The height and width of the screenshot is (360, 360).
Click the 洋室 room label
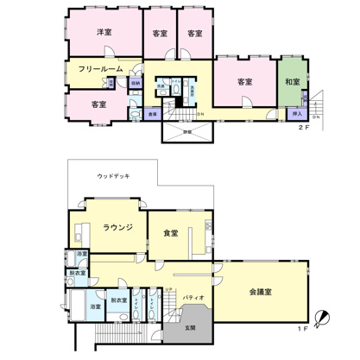(105, 32)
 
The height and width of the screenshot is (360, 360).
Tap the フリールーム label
(98, 68)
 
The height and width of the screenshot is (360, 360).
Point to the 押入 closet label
(297, 113)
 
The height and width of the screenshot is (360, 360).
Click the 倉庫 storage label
(152, 113)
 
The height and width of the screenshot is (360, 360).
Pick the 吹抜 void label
(187, 132)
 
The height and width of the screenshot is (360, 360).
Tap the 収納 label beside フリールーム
(136, 83)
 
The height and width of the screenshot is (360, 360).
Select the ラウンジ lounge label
(117, 228)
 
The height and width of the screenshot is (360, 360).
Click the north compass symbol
(323, 319)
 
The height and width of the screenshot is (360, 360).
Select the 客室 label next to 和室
(244, 82)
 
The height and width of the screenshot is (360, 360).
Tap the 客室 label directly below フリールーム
(98, 104)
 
